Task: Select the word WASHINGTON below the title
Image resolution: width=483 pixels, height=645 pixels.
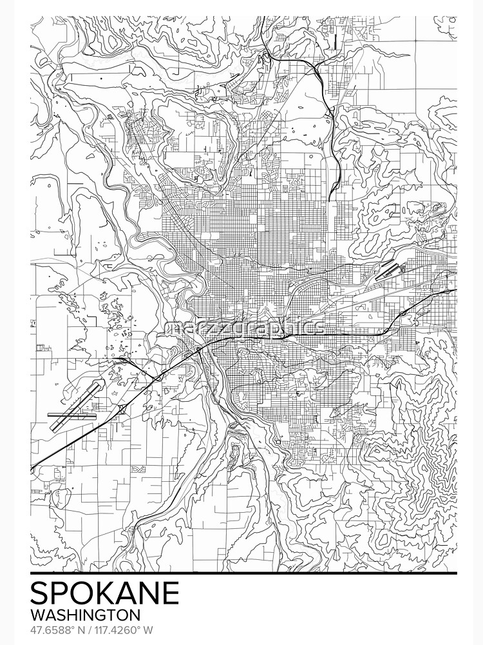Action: coord(85,615)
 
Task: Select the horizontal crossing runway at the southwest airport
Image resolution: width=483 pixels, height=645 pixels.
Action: coord(72,416)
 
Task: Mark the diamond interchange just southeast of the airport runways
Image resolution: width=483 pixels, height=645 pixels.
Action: coord(122,410)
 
